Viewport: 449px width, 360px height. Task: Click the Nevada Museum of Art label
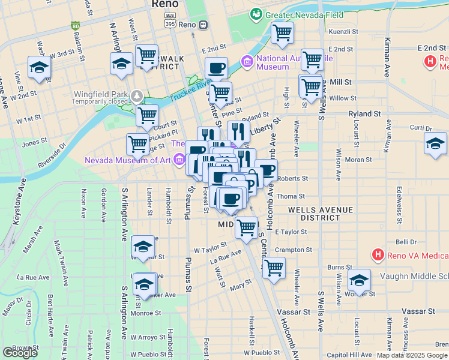(127, 160)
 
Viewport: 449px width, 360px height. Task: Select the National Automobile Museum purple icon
(247, 61)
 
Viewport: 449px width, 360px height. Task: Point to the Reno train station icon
(203, 25)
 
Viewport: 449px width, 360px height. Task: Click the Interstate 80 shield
(75, 26)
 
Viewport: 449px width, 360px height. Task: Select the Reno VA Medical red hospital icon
(378, 255)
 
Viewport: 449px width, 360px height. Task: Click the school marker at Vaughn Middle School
(359, 280)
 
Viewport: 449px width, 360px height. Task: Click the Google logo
(20, 353)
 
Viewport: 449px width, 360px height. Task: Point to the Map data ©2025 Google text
(411, 355)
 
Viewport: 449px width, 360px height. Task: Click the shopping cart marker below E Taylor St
(274, 268)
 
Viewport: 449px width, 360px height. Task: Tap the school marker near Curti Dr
(435, 143)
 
